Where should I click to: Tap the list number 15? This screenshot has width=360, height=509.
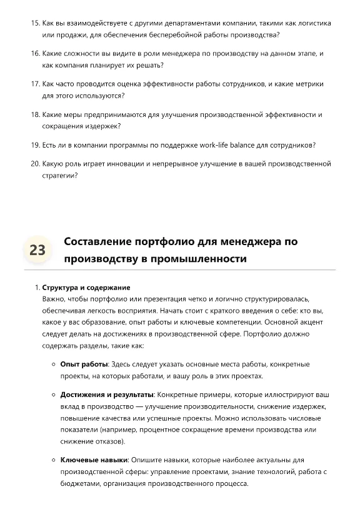pyautogui.click(x=35, y=23)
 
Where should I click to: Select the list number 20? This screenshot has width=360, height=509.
pyautogui.click(x=35, y=164)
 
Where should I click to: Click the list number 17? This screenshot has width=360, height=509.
pyautogui.click(x=35, y=84)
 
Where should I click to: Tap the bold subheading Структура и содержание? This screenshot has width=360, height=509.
pyautogui.click(x=86, y=288)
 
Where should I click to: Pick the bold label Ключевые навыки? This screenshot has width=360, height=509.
pyautogui.click(x=94, y=460)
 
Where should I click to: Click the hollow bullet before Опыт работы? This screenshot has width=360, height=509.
pyautogui.click(x=53, y=364)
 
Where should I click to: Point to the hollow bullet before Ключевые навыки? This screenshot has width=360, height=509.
pyautogui.click(x=53, y=460)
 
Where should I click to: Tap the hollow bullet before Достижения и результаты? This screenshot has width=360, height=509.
pyautogui.click(x=53, y=395)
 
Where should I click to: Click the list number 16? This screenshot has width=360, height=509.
pyautogui.click(x=35, y=54)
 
